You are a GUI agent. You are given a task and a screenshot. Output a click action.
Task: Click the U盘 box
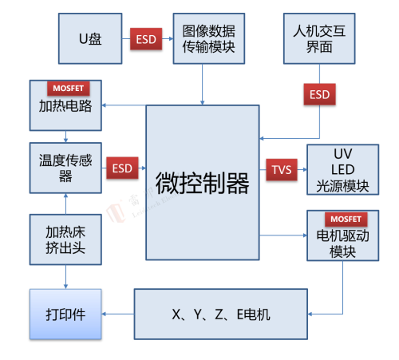click(90, 38)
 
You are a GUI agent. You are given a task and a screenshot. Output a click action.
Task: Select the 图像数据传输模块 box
click(209, 38)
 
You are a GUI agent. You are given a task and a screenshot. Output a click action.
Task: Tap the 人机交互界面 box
click(319, 38)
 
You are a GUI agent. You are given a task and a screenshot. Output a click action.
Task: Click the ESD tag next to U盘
click(146, 39)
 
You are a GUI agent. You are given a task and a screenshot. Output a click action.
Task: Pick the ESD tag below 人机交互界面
click(320, 94)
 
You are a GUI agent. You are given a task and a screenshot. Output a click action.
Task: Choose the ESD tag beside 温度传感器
click(122, 168)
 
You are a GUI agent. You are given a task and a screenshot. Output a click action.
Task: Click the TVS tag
click(282, 169)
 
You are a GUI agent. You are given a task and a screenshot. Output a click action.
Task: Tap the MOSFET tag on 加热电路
click(69, 88)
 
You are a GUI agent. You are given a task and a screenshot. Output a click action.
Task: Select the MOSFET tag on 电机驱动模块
click(346, 219)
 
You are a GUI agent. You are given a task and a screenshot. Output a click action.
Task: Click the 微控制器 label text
click(203, 183)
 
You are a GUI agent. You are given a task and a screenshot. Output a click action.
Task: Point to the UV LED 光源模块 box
click(343, 169)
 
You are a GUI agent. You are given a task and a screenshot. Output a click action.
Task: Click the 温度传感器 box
click(65, 168)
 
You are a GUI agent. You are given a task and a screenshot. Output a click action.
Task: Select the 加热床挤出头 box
click(65, 239)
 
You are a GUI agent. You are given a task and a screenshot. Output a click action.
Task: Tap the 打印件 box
click(65, 315)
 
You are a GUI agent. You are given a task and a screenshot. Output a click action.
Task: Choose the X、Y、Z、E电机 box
click(221, 315)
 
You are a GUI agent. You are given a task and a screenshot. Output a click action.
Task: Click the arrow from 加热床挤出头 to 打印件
click(65, 277)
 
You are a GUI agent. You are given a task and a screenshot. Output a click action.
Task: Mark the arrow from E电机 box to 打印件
click(118, 315)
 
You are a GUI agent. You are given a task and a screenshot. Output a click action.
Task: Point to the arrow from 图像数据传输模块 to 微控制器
click(202, 85)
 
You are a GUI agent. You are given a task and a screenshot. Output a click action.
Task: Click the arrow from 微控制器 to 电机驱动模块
click(283, 235)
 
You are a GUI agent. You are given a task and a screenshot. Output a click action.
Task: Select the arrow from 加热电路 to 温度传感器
click(65, 136)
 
